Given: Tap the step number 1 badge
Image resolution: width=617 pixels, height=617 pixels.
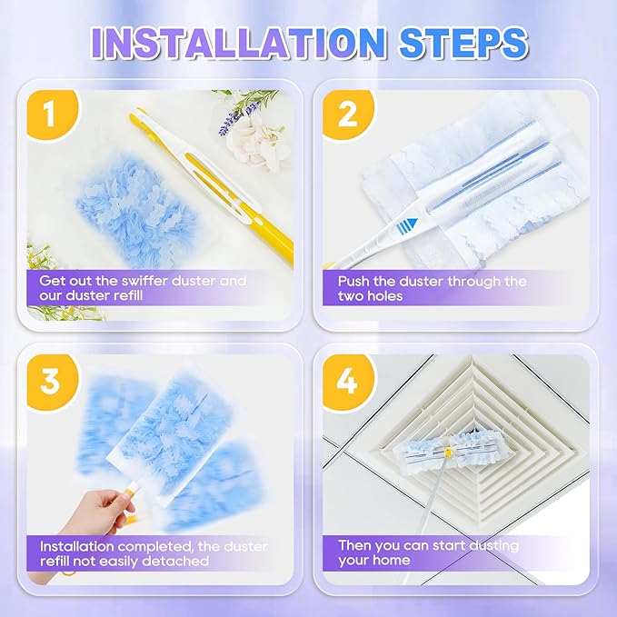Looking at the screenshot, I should click(49, 117).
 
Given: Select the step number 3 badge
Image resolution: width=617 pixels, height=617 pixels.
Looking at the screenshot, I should click(49, 380).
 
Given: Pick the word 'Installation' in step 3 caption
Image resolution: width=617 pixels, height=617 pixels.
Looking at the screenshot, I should click(75, 545).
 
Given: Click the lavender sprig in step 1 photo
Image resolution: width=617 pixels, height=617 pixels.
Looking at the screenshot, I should click(236, 114).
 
